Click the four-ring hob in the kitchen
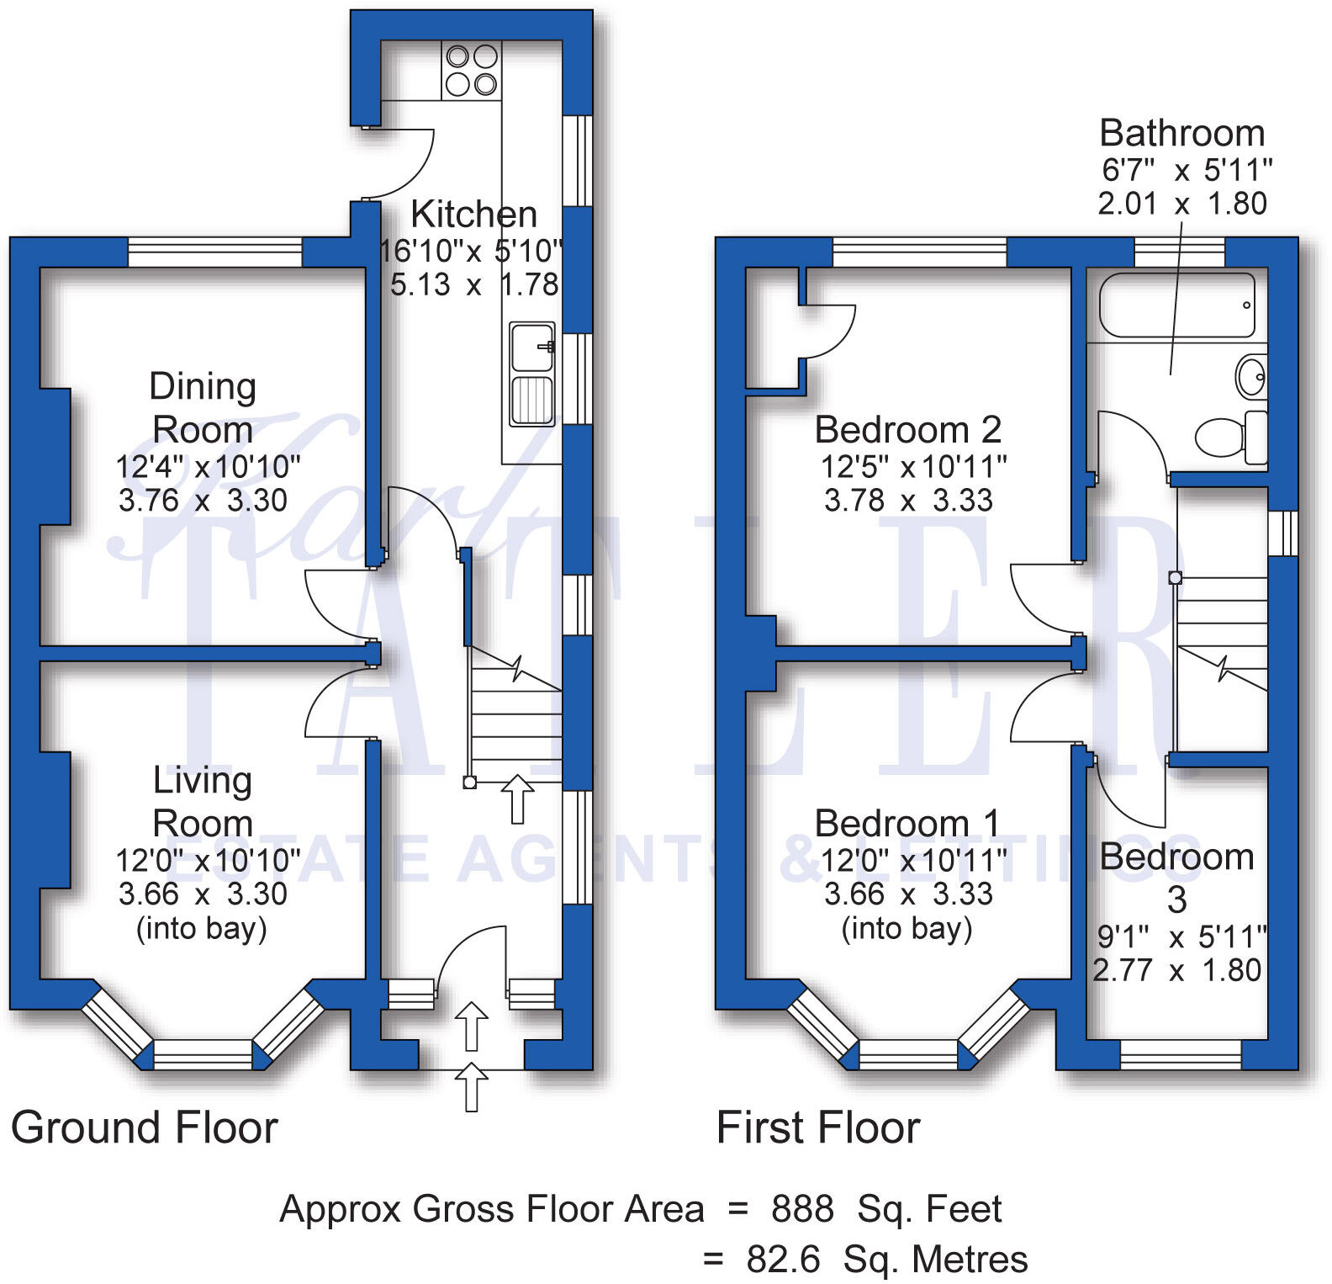pos(471,71)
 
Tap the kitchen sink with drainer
pos(532,374)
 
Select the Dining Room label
pos(203,408)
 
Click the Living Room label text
pos(203,801)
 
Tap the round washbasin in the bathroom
pos(1251,376)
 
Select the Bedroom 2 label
pos(908,430)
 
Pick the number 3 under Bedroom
pos(1177,900)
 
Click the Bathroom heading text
pos(1181,134)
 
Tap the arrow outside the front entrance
pos(472,1086)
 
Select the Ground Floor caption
pos(144,1127)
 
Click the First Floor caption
pos(818,1127)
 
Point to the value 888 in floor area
pos(802,1209)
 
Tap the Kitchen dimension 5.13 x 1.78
pos(474,284)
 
